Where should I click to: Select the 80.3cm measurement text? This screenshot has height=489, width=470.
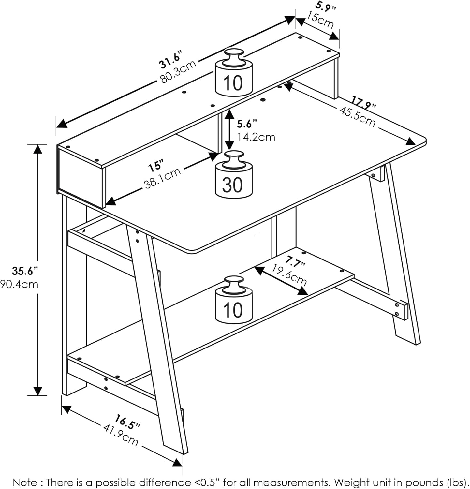click(x=178, y=72)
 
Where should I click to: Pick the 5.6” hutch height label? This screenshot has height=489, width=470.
click(x=247, y=124)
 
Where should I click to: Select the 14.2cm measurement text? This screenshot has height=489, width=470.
click(x=256, y=137)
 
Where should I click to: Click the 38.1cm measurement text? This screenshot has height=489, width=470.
click(x=162, y=178)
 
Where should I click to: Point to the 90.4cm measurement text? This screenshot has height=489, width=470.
click(x=20, y=284)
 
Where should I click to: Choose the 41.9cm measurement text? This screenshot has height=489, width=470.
click(x=121, y=435)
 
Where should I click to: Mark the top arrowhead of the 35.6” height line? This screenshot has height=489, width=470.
click(x=38, y=149)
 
